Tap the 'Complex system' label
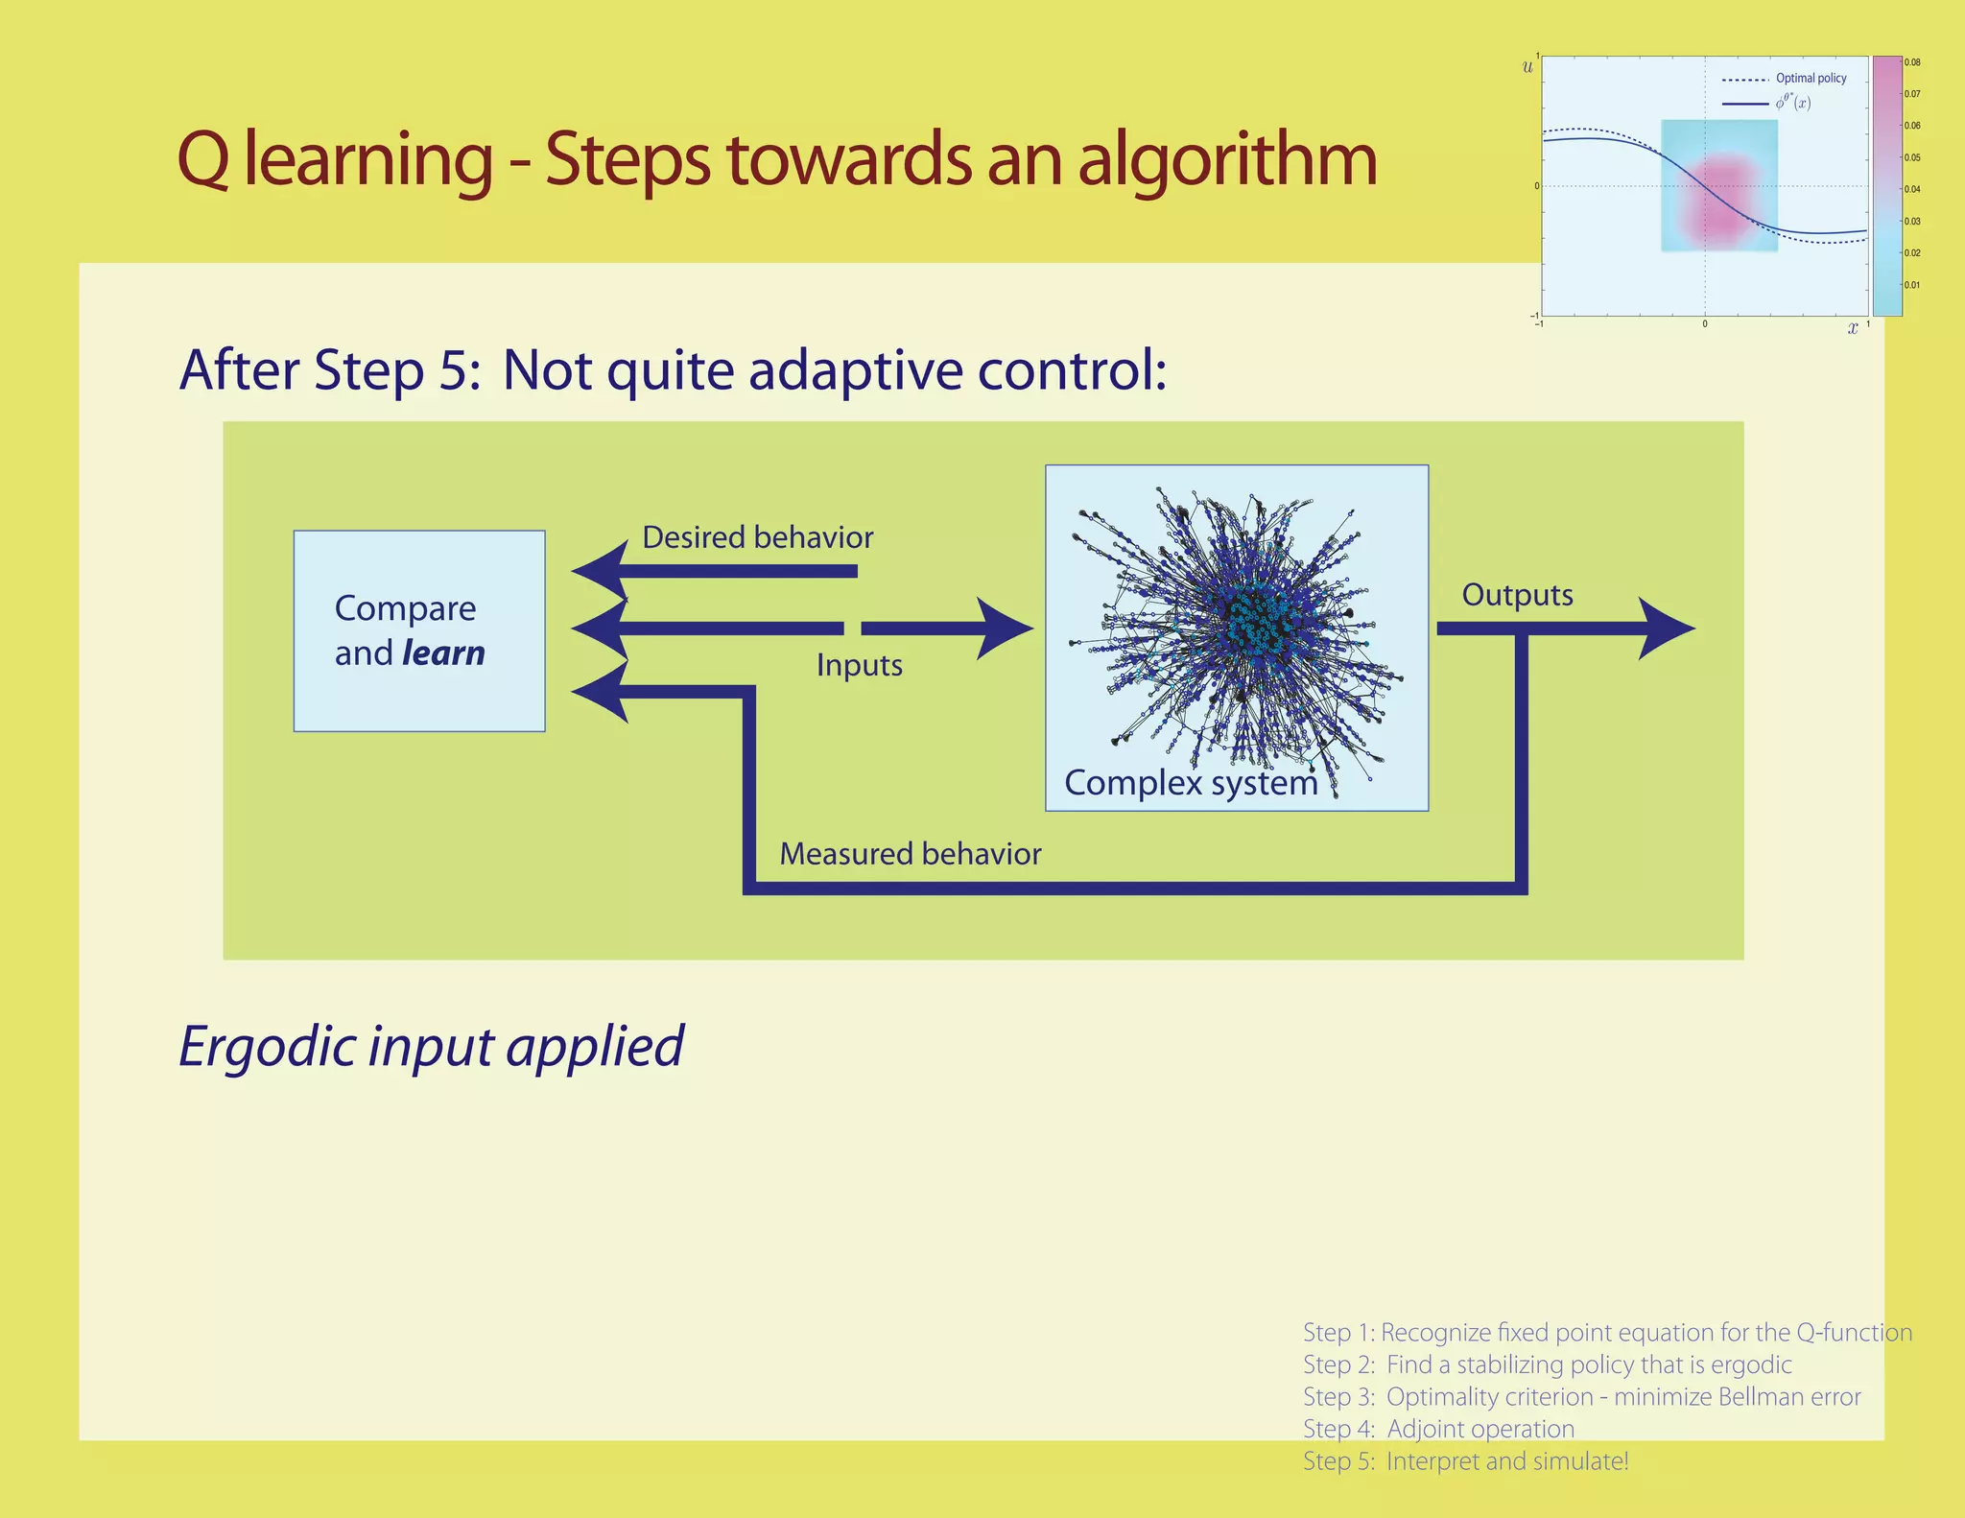[1191, 783]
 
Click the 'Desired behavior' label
[757, 537]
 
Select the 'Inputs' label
[859, 665]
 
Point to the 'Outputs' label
[1517, 595]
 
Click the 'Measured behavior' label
[910, 854]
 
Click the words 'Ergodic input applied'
[431, 1046]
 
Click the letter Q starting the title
[203, 159]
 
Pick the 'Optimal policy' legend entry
[1811, 79]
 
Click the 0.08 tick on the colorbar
[1912, 62]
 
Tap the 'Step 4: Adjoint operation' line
[1438, 1429]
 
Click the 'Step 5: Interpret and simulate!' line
[1465, 1461]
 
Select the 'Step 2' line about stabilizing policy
[1547, 1364]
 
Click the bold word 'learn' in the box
[443, 653]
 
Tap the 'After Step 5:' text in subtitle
[329, 370]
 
